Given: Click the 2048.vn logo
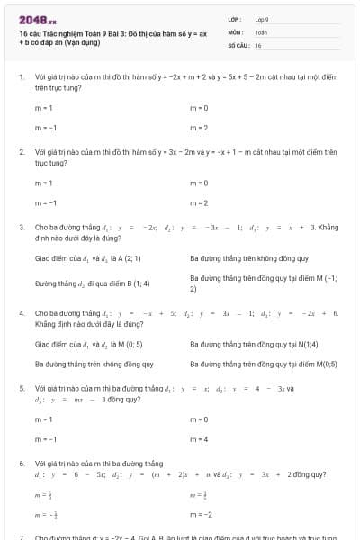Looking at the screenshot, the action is [37, 20].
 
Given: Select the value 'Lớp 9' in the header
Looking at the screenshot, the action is [262, 19].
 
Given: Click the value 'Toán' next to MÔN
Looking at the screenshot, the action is [261, 31].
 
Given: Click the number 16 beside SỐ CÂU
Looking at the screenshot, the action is [258, 44].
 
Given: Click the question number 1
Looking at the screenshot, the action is [22, 77].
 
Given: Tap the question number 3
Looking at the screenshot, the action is [22, 229].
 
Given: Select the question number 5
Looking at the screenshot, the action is [22, 388].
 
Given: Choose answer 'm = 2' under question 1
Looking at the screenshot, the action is [199, 128].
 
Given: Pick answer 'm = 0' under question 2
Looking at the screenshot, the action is [199, 183].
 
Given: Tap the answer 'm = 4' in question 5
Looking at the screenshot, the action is [199, 439].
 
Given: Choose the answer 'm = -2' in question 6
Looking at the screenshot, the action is [201, 515].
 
